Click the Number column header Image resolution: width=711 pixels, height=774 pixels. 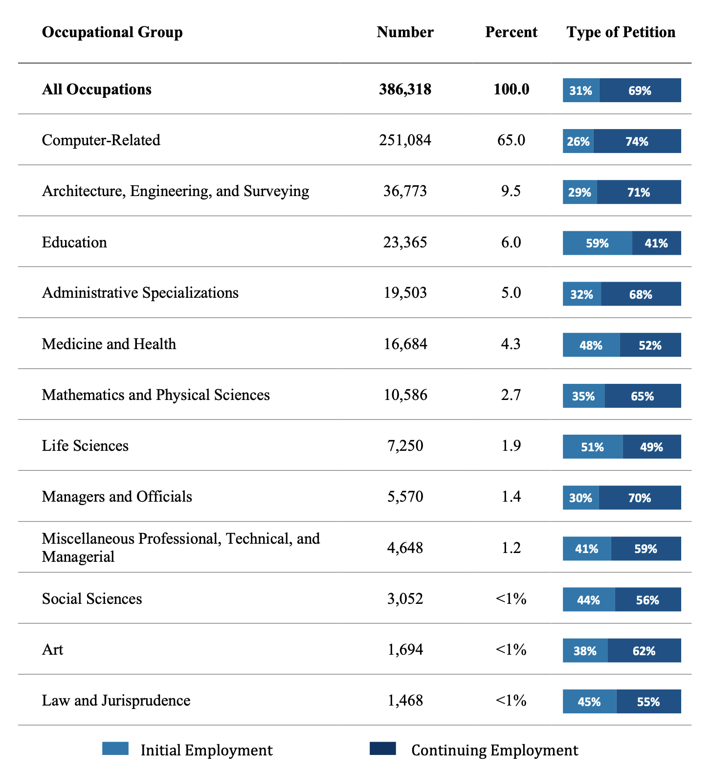coord(405,32)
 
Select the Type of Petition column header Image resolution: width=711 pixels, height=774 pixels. coord(621,32)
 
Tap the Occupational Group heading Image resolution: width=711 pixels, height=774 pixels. coord(112,33)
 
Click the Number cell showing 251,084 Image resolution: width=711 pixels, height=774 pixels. coord(405,140)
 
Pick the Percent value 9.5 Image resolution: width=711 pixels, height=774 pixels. coord(511,191)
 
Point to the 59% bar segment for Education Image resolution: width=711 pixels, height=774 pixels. coord(598,243)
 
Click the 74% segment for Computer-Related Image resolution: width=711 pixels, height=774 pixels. coord(637,141)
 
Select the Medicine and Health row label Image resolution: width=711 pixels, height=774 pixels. coord(109,344)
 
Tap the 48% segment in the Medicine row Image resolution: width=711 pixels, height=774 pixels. coord(591,345)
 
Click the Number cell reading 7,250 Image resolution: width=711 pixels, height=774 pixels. coord(405,446)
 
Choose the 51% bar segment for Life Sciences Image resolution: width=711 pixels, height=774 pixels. coord(593,447)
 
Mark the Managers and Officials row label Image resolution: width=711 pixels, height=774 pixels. coord(117,497)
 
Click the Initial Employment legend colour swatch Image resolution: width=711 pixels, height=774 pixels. coord(115,749)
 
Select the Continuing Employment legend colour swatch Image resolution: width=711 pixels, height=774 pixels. coord(383,749)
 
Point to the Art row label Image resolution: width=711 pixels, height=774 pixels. coord(53,650)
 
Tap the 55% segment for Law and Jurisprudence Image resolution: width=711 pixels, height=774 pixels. coord(648,702)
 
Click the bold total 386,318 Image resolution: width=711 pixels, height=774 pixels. coord(405,89)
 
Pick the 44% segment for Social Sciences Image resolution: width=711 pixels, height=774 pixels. coord(589,599)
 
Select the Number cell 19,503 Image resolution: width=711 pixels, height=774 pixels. coord(405,293)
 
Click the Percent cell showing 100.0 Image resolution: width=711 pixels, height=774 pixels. coord(511,89)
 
